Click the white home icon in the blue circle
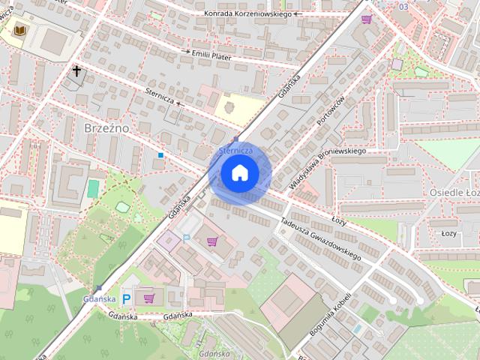(239, 173)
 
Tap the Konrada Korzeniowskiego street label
(247, 13)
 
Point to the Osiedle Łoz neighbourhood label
(454, 193)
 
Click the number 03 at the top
(404, 6)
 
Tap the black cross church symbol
(76, 71)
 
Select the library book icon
(19, 29)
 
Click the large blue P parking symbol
(127, 298)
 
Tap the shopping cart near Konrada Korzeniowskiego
(366, 19)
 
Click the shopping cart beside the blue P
(148, 298)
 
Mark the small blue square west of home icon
(160, 155)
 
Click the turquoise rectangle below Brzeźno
(93, 187)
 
